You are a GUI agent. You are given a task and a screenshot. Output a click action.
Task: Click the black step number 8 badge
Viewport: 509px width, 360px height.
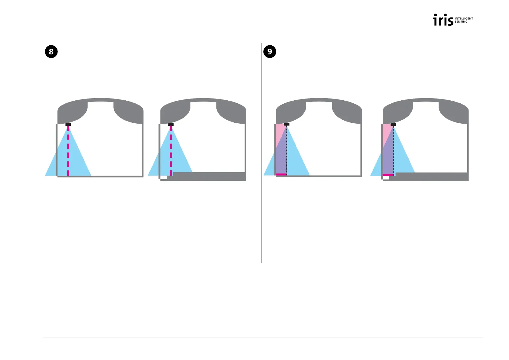tap(51, 52)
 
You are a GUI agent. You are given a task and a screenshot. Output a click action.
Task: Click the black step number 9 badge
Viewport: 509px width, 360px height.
tap(270, 52)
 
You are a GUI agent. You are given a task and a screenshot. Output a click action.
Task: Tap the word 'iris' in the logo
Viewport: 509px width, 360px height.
tap(443, 20)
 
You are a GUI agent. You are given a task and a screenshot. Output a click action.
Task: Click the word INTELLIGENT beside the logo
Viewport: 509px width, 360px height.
tap(464, 18)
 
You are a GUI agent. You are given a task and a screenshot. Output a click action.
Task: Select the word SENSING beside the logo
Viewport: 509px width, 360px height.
tap(461, 22)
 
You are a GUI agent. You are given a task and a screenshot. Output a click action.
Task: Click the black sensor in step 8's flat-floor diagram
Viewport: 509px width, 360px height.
tap(68, 124)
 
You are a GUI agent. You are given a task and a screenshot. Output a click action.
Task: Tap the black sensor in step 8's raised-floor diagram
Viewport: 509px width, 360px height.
tap(171, 124)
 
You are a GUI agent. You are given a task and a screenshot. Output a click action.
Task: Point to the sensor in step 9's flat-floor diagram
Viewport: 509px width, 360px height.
tap(287, 124)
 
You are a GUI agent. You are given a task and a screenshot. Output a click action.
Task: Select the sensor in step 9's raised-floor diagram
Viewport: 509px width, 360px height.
tap(393, 124)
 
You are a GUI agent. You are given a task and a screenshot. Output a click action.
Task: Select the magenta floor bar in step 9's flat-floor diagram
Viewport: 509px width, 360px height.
tap(281, 174)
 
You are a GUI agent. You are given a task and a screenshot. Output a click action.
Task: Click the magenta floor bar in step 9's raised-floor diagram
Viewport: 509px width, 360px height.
tap(388, 175)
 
